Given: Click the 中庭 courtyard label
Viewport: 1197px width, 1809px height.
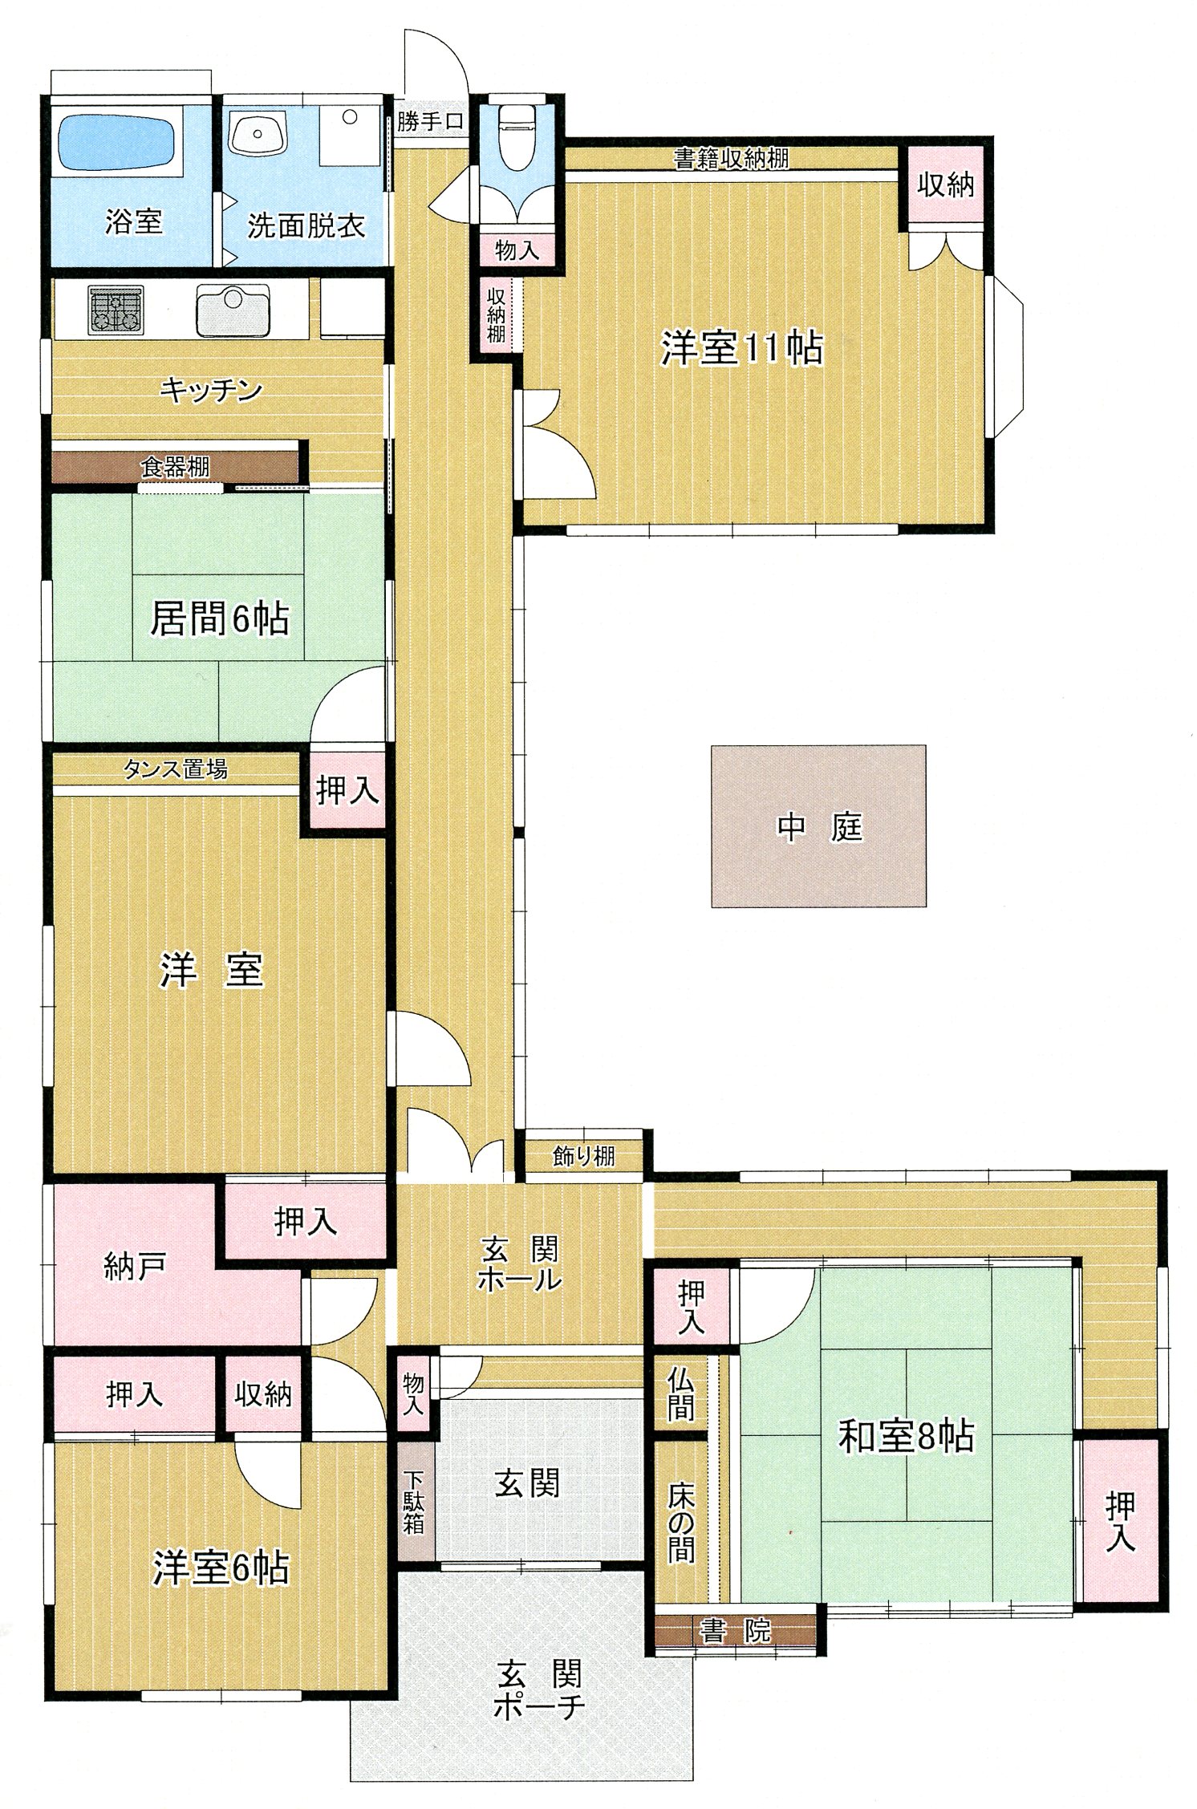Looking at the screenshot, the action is click(819, 826).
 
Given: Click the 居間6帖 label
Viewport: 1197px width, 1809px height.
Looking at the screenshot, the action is click(220, 618).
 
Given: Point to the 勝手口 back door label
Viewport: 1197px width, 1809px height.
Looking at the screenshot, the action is click(430, 122).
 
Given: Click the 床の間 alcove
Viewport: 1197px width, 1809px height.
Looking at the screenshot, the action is click(680, 1520).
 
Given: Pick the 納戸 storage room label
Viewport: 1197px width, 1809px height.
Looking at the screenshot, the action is click(135, 1267).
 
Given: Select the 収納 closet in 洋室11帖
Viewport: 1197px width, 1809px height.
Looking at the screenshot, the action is click(946, 185).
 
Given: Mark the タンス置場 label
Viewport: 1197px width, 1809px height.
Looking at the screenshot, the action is click(175, 769).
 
